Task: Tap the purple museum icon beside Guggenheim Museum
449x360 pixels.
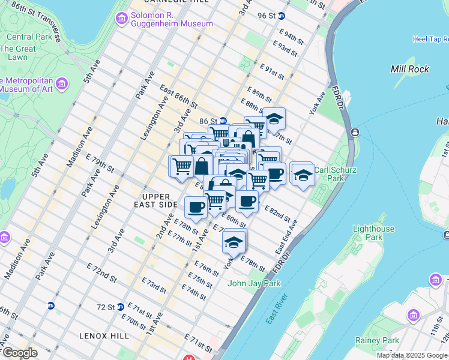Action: click(x=122, y=19)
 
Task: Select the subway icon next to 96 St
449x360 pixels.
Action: click(x=281, y=16)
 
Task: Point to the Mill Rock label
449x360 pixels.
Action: click(x=409, y=69)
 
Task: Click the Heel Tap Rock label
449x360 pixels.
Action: click(x=421, y=40)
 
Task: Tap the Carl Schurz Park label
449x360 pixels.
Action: click(x=336, y=174)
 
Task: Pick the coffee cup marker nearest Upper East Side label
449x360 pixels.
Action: click(x=196, y=208)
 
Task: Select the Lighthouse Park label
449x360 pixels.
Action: click(x=373, y=233)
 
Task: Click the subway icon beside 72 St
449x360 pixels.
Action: click(x=121, y=307)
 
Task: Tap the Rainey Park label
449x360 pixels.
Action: click(x=385, y=340)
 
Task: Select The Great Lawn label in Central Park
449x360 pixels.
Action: click(x=17, y=53)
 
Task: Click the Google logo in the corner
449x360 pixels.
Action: click(x=20, y=352)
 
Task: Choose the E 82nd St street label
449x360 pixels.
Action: click(x=277, y=213)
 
